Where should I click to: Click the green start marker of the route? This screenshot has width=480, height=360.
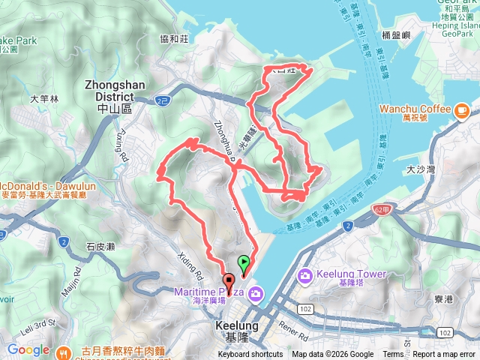[243, 263]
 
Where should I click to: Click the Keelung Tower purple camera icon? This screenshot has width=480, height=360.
[305, 277]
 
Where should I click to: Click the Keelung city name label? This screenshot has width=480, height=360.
[236, 331]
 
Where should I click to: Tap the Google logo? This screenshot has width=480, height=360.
[28, 349]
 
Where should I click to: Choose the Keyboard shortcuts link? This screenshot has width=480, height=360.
[250, 355]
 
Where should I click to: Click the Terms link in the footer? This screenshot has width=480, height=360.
[393, 355]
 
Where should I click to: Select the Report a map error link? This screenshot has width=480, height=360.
[444, 355]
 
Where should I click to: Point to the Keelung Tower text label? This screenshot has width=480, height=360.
[344, 274]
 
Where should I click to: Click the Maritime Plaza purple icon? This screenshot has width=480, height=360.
[254, 292]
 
